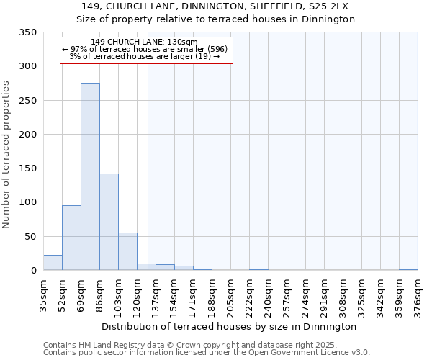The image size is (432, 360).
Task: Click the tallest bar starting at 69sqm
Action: [x=90, y=176]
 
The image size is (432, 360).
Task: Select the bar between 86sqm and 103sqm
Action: [x=109, y=222]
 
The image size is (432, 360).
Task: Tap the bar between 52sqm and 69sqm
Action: [x=71, y=238]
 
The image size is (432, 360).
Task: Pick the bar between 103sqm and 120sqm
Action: [x=127, y=251]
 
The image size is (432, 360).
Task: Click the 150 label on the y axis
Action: [x=27, y=168]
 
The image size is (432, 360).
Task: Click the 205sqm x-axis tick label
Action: [x=230, y=295]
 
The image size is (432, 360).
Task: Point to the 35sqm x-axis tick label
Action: [x=43, y=295]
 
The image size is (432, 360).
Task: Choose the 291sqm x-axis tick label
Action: [x=324, y=295]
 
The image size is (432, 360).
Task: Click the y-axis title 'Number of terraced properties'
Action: [x=6, y=154]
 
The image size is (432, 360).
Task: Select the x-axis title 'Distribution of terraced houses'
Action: [x=229, y=326]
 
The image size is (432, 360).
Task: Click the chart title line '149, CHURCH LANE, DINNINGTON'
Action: [x=216, y=6]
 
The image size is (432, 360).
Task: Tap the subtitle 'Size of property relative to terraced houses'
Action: [x=216, y=19]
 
